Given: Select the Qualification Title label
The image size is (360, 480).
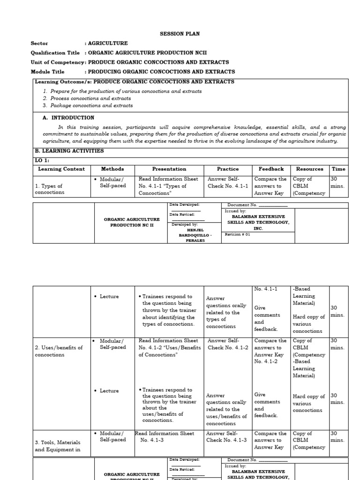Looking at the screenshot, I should tap(55, 53).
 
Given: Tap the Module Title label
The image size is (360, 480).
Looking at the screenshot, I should tap(47, 72).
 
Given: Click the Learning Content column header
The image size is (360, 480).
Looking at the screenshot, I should tap(61, 169).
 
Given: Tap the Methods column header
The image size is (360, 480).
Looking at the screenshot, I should tap(112, 169).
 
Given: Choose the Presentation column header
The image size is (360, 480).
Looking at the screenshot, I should tap(169, 169).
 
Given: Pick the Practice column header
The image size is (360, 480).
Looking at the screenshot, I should tap(227, 169).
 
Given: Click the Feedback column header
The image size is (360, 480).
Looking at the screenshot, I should tap(271, 169).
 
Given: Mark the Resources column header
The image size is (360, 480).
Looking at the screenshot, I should tap(309, 169).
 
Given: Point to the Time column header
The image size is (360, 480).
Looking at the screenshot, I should tap(338, 169).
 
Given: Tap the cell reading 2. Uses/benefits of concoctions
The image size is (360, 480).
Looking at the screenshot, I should tap(59, 351).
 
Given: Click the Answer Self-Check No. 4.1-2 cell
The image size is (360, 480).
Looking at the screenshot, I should tap(227, 344).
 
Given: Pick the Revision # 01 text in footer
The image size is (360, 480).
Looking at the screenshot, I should tap(238, 234).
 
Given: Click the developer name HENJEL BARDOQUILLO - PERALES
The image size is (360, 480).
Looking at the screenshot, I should tap(193, 235).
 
